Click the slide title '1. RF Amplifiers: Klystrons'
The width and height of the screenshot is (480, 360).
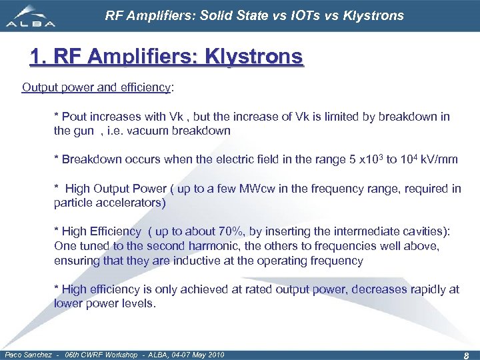(x=166, y=57)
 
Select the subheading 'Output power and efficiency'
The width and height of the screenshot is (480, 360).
(x=97, y=87)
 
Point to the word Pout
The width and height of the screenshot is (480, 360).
(x=75, y=117)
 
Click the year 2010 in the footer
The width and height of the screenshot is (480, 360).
(x=215, y=355)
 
